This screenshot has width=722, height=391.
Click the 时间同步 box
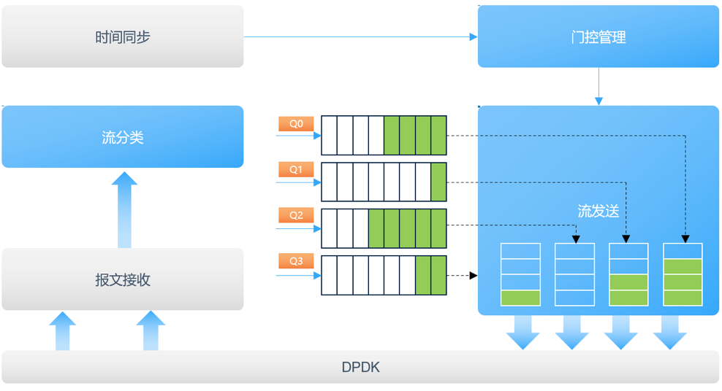(122, 36)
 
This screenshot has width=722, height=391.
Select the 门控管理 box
(598, 37)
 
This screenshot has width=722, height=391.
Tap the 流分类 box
(122, 137)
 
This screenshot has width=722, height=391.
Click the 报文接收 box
(122, 279)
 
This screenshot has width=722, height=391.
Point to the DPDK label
(360, 368)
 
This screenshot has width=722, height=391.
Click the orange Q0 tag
(295, 124)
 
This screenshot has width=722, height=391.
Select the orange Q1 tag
(295, 170)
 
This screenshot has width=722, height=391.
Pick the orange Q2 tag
(295, 216)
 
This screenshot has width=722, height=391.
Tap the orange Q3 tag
(295, 261)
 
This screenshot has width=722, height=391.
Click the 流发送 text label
(598, 212)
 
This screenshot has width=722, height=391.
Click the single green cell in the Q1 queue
(438, 182)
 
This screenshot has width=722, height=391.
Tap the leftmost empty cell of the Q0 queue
(330, 135)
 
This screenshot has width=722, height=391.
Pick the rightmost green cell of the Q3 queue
(438, 275)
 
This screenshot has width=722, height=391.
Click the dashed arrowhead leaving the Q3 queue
(473, 276)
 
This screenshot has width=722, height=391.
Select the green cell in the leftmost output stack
(520, 298)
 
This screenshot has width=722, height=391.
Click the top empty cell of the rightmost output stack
(683, 252)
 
